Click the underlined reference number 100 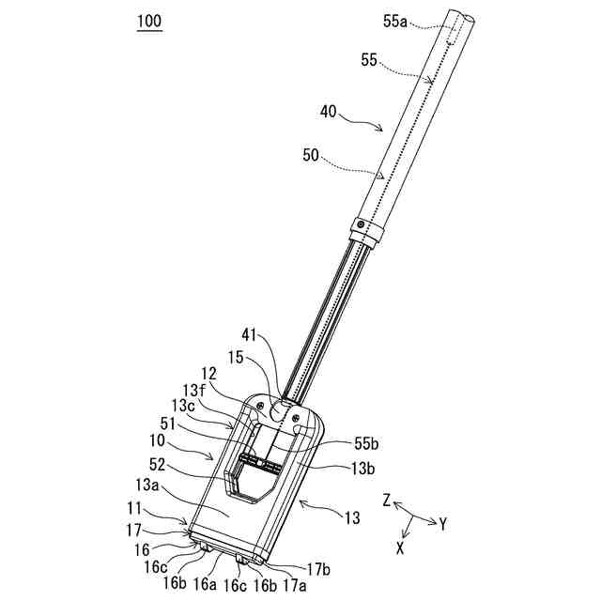pyautogui.click(x=149, y=22)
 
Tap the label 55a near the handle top pyautogui.click(x=395, y=22)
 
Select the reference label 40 pyautogui.click(x=328, y=112)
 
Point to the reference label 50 pyautogui.click(x=311, y=156)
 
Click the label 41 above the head pyautogui.click(x=249, y=335)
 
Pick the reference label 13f pyautogui.click(x=193, y=391)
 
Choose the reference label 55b pyautogui.click(x=366, y=444)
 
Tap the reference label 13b pyautogui.click(x=362, y=469)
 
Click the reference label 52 pyautogui.click(x=157, y=465)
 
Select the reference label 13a pyautogui.click(x=146, y=485)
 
